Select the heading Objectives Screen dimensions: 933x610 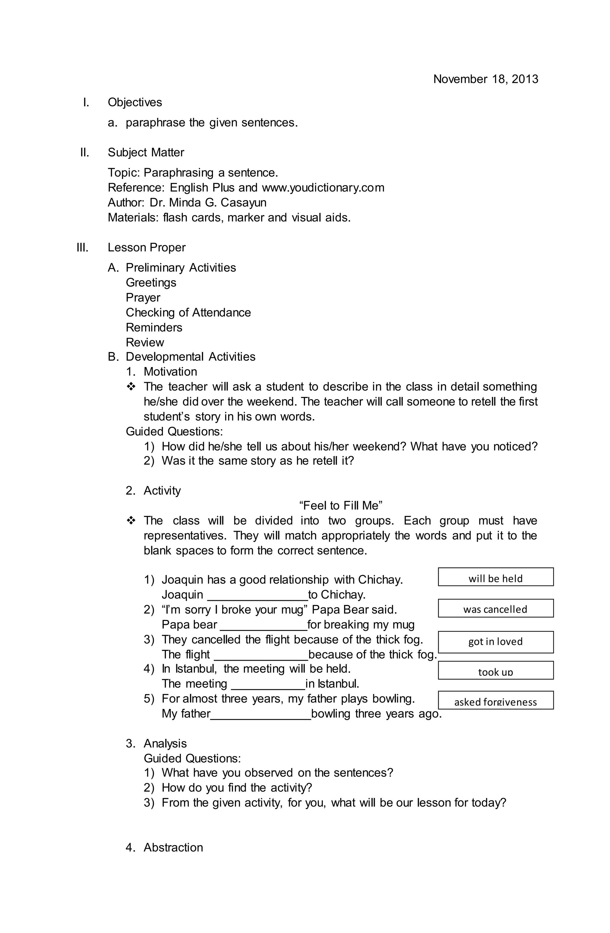pyautogui.click(x=135, y=102)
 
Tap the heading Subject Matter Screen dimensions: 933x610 pyautogui.click(x=146, y=152)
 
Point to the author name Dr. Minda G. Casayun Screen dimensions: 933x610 pyautogui.click(x=208, y=203)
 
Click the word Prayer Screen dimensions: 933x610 pyautogui.click(x=143, y=298)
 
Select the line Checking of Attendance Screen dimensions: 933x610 pyautogui.click(x=188, y=312)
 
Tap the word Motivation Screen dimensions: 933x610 pyautogui.click(x=170, y=372)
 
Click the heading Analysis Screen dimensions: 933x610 pyautogui.click(x=165, y=744)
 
